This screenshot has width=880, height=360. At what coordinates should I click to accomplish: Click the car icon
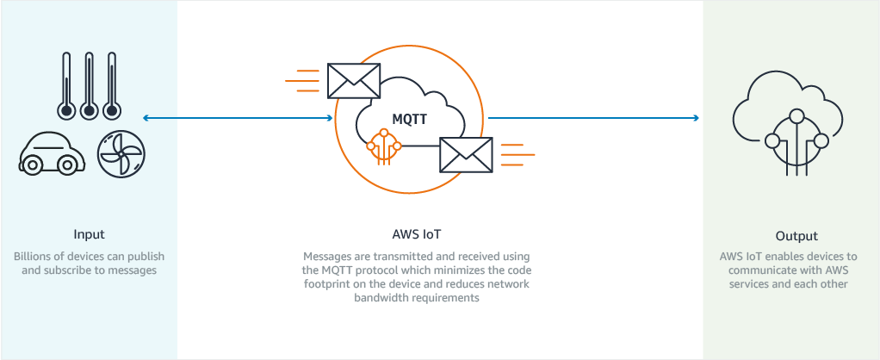tap(52, 155)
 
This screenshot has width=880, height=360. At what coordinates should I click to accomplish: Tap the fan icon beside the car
tap(121, 156)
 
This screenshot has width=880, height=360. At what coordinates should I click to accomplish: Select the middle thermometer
tap(87, 86)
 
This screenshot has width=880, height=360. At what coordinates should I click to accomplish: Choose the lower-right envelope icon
tap(466, 155)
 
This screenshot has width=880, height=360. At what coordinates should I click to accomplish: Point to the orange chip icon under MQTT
tap(384, 146)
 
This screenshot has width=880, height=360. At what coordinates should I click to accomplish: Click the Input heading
tap(90, 234)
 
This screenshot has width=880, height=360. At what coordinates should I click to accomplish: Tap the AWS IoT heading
tap(416, 234)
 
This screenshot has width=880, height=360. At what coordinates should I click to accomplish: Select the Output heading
tap(796, 236)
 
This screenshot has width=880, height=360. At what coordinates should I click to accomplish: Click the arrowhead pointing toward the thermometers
tap(147, 118)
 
